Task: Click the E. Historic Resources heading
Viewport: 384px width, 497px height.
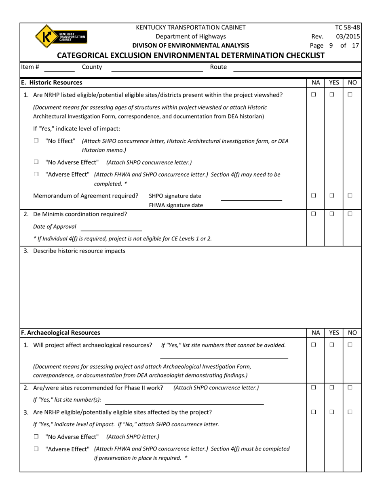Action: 52,82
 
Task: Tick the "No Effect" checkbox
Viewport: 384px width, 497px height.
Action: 36,141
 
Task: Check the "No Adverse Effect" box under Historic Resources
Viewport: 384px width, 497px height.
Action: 36,162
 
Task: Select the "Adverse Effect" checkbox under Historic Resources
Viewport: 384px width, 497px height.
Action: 36,174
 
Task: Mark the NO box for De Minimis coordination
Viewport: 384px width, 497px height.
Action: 350,214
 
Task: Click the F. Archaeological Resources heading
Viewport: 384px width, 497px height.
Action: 61,333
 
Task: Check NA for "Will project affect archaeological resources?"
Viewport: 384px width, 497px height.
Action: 314,345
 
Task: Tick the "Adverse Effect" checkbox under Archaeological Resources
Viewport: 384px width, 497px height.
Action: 36,449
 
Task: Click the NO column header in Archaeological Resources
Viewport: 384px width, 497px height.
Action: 352,333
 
